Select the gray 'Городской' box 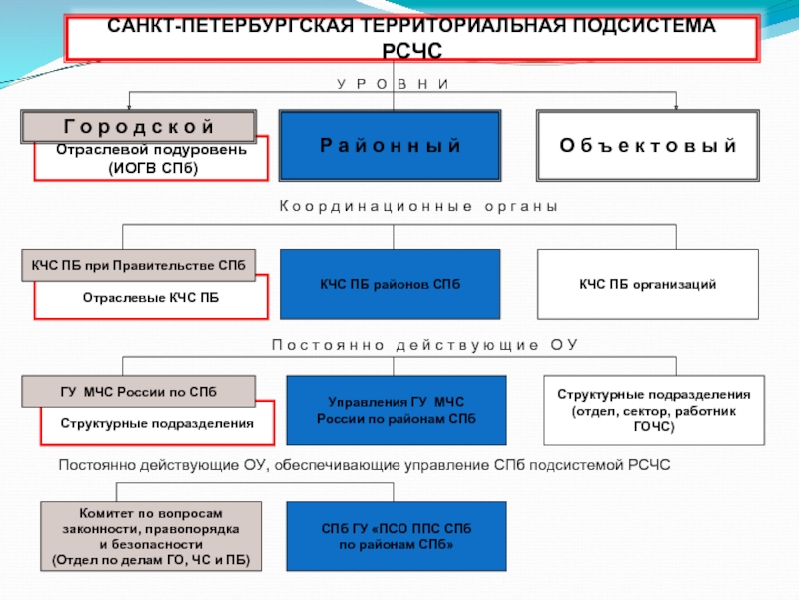click(139, 126)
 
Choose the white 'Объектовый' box click(647, 146)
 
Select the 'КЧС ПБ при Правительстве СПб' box click(138, 265)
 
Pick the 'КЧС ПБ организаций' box click(647, 285)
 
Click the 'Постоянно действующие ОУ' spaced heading click(424, 345)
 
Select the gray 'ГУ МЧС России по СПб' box click(138, 390)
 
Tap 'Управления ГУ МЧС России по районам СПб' click(397, 410)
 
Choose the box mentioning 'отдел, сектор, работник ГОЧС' click(654, 410)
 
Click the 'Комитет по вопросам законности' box click(151, 535)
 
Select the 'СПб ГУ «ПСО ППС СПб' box click(397, 535)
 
